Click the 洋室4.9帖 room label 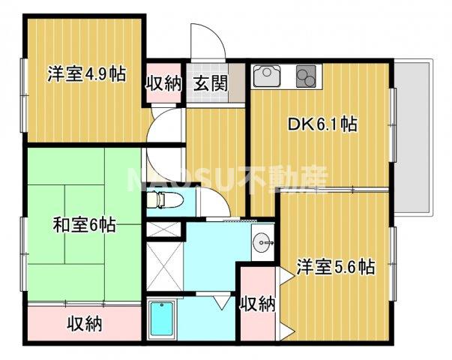click(x=86, y=75)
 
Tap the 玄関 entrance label click(x=211, y=82)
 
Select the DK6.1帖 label click(x=322, y=125)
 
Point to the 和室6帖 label click(x=84, y=224)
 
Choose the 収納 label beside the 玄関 click(x=163, y=82)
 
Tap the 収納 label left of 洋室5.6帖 click(x=257, y=304)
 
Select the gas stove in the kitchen click(x=307, y=76)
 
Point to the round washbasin click(x=262, y=241)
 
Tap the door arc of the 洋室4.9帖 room click(x=165, y=124)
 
